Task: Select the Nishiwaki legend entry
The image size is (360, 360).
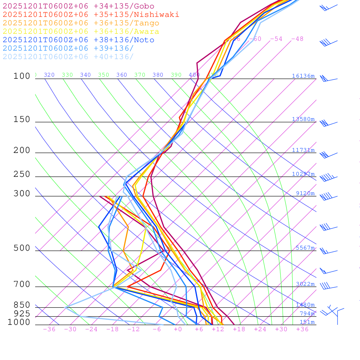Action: pyautogui.click(x=91, y=14)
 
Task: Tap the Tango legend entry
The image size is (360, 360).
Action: pyautogui.click(x=81, y=23)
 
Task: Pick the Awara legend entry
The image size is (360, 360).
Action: pyautogui.click(x=81, y=32)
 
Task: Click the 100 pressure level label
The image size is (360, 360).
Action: pyautogui.click(x=22, y=76)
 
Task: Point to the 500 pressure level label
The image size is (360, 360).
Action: pyautogui.click(x=22, y=248)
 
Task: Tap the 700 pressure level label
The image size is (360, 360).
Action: pyautogui.click(x=22, y=284)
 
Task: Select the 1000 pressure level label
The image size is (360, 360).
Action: pyautogui.click(x=19, y=322)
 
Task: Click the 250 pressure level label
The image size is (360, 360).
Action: pyautogui.click(x=22, y=174)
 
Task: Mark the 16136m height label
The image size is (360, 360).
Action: pyautogui.click(x=303, y=76)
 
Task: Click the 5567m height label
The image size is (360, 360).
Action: pyautogui.click(x=305, y=248)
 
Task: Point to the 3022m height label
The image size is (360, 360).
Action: pyautogui.click(x=305, y=284)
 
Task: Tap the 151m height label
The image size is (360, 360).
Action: pyautogui.click(x=307, y=322)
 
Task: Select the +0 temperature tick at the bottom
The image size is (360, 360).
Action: pyautogui.click(x=178, y=329)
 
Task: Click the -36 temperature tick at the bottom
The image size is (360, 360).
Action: pyautogui.click(x=49, y=329)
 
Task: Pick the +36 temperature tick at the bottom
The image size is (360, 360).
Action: pyautogui.click(x=302, y=329)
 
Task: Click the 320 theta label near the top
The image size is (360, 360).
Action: pyautogui.click(x=49, y=75)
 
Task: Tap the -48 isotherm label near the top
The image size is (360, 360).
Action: pyautogui.click(x=297, y=39)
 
